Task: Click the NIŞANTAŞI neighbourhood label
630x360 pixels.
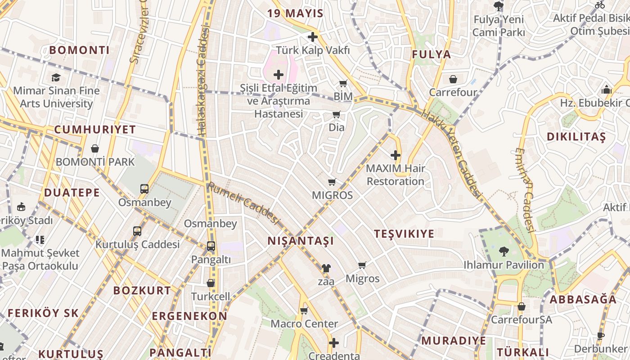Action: [x=301, y=241]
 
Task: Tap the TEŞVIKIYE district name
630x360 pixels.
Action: [x=404, y=234]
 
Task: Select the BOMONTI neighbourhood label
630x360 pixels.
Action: [x=79, y=50]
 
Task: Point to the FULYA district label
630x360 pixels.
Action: [x=431, y=54]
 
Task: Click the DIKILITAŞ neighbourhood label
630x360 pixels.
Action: [x=576, y=137]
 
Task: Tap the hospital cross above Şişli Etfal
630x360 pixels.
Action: [x=279, y=74]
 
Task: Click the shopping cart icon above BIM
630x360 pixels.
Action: [x=343, y=83]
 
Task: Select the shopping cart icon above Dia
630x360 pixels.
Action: [x=336, y=114]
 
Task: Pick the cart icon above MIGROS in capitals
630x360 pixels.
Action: [x=332, y=182]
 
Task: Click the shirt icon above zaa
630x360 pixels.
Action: [x=326, y=268]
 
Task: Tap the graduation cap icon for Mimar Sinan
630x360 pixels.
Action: [x=56, y=77]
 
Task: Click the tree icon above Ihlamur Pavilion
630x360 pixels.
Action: [x=504, y=251]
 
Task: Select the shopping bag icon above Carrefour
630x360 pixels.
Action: [x=453, y=79]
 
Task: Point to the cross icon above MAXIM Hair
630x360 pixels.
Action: [x=396, y=156]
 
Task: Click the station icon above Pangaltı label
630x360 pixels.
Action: [x=211, y=246]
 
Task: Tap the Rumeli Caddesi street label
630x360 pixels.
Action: [x=243, y=203]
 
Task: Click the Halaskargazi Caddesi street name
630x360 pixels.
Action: [x=203, y=81]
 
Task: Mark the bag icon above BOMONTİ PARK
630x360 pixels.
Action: [x=95, y=148]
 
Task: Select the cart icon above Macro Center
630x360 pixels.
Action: [x=304, y=310]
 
